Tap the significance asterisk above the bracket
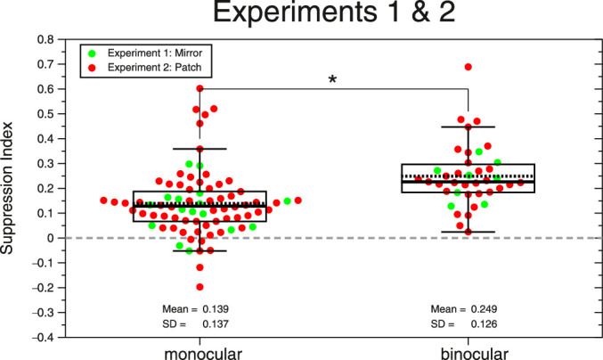coord(333,81)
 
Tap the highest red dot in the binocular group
coord(468,67)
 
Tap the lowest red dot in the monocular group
coord(200,287)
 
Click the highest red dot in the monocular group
coord(200,89)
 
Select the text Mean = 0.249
coord(468,308)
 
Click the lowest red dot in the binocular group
coord(468,232)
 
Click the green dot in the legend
coord(90,52)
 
